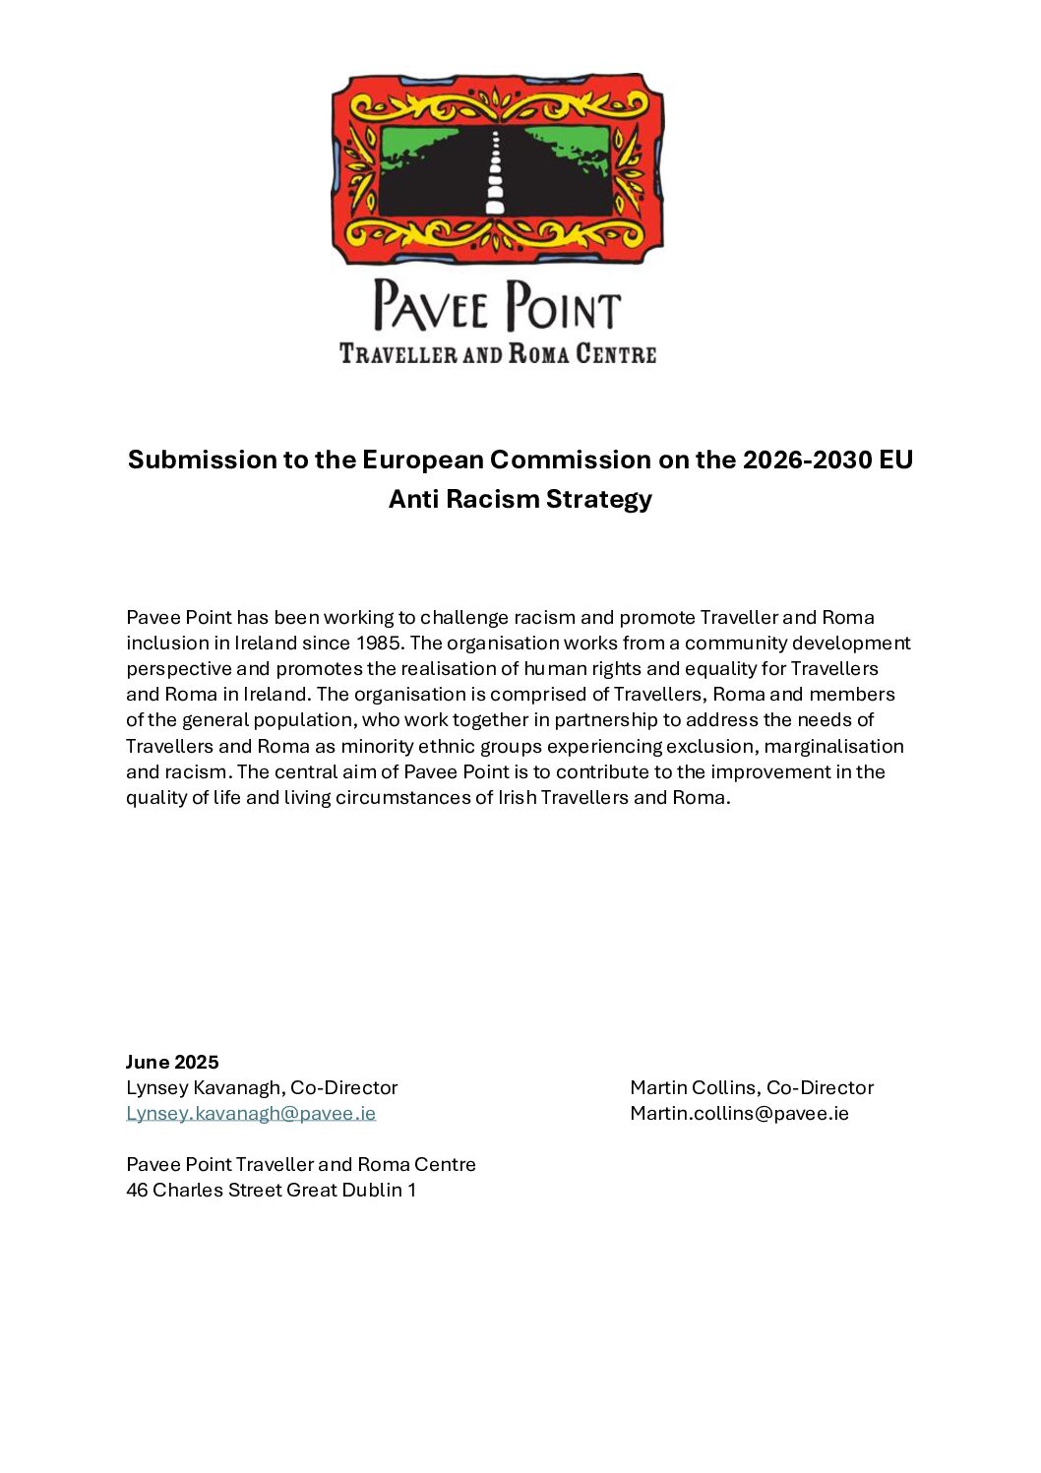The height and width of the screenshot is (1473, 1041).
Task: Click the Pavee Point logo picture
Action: (x=497, y=168)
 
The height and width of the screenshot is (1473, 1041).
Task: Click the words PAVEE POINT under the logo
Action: (x=497, y=305)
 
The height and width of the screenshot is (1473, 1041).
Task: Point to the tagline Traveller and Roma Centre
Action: (x=497, y=353)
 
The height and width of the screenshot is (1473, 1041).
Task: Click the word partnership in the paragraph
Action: (x=600, y=720)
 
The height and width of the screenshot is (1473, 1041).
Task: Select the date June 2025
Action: (x=172, y=1062)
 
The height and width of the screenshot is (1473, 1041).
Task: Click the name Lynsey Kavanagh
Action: (x=205, y=1087)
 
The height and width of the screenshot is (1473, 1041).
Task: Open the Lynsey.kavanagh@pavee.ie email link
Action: (x=251, y=1113)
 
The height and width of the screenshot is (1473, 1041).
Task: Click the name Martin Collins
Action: (x=694, y=1087)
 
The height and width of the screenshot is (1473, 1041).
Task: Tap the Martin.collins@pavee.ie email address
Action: (x=739, y=1113)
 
